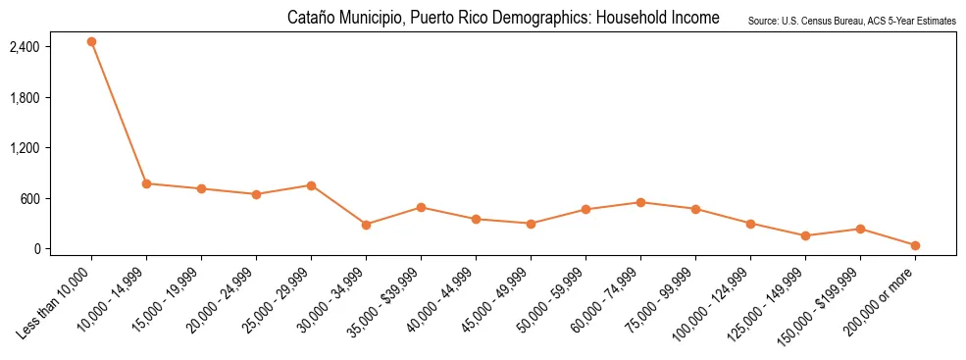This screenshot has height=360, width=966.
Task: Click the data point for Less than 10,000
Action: [x=91, y=42]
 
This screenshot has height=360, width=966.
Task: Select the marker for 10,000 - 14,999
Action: [x=146, y=183]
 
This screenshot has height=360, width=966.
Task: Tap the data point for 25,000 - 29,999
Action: [x=311, y=185]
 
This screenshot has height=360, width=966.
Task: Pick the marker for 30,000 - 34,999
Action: [x=366, y=225]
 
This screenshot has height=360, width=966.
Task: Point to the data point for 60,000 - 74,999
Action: [x=640, y=202]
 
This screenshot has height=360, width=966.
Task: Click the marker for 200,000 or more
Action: [x=915, y=245]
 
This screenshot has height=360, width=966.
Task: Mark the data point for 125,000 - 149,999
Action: [x=805, y=235]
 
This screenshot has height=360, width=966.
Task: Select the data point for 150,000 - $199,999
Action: [x=860, y=229]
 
